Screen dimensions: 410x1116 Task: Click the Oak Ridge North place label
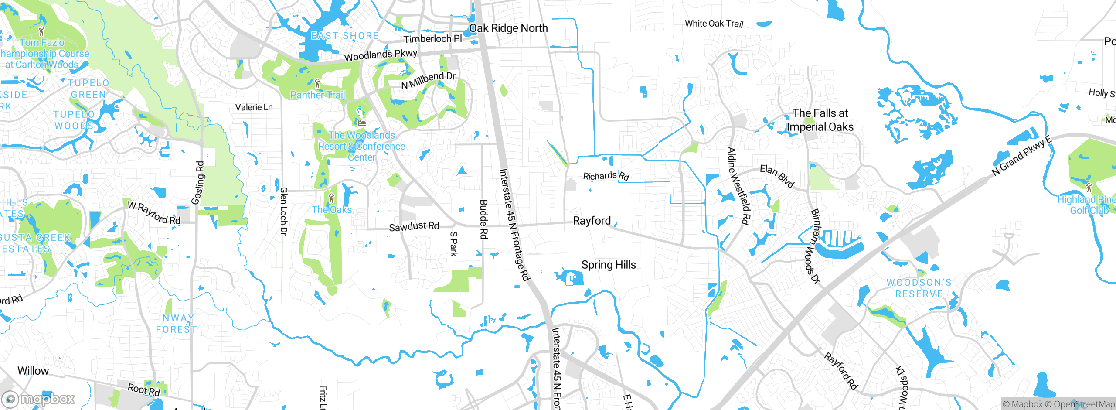pos(508,28)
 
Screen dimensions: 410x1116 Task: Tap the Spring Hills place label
pos(609,265)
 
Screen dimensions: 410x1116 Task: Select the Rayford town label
pos(592,221)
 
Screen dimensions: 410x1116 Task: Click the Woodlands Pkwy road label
pos(381,55)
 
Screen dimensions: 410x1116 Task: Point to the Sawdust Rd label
pos(414,226)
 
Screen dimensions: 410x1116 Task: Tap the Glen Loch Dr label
pos(283,211)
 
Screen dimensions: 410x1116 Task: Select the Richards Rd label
pos(606,176)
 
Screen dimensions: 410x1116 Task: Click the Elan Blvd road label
pos(777,176)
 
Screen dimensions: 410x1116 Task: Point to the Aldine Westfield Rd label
pos(738,186)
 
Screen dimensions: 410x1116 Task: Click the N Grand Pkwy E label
pos(1021,156)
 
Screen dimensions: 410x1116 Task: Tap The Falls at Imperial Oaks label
pos(820,120)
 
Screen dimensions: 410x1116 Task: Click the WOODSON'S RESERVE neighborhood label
pos(919,288)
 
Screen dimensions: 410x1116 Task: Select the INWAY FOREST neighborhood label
pos(176,324)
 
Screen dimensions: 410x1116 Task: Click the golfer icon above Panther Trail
pos(317,82)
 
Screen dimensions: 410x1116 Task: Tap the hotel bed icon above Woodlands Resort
pos(361,123)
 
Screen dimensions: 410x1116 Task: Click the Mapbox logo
pos(38,399)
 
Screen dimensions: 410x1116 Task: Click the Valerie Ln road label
pos(254,107)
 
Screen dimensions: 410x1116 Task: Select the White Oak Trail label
pos(714,24)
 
